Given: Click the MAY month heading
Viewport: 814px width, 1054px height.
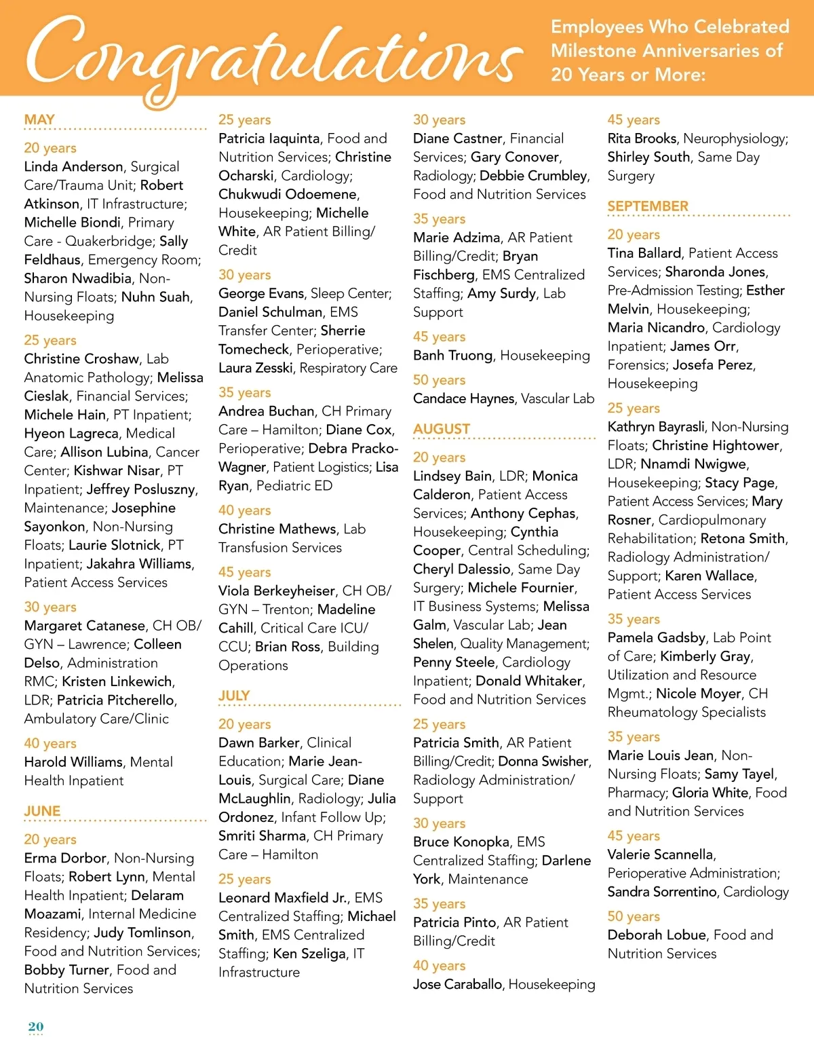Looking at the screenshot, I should pyautogui.click(x=39, y=119).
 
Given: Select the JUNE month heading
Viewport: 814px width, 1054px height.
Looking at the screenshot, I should pyautogui.click(x=42, y=811).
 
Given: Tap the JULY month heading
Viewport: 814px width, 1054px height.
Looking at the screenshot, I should pyautogui.click(x=234, y=696).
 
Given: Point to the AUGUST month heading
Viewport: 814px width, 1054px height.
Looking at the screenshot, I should pyautogui.click(x=442, y=429).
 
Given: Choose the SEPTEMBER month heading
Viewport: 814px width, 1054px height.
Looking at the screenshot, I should pyautogui.click(x=648, y=206).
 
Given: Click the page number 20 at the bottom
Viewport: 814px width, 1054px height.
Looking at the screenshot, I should pyautogui.click(x=36, y=1026).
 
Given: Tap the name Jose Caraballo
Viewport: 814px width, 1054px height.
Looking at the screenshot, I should pyautogui.click(x=457, y=984).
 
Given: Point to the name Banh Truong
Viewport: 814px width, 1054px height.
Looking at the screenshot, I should pyautogui.click(x=452, y=355).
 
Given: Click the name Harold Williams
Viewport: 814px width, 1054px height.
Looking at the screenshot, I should pyautogui.click(x=73, y=761).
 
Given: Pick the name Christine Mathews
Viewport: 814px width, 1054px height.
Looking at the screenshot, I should pyautogui.click(x=277, y=529).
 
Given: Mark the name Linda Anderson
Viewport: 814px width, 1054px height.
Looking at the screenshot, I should pyautogui.click(x=73, y=166).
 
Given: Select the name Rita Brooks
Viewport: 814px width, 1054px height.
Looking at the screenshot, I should pyautogui.click(x=642, y=138).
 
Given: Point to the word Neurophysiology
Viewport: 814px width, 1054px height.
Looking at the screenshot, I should pyautogui.click(x=735, y=138).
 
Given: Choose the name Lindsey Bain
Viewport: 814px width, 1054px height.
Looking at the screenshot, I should pyautogui.click(x=452, y=476).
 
